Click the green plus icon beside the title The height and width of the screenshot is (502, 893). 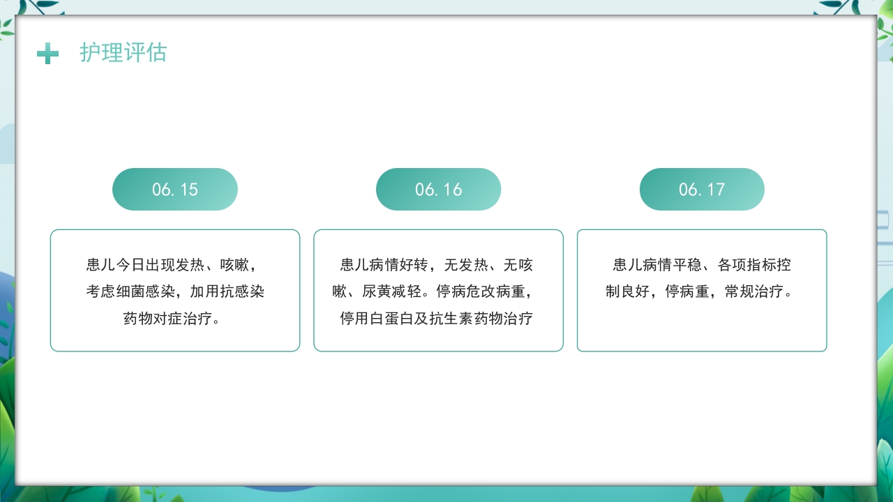point(47,53)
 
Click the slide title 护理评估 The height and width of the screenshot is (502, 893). point(123,52)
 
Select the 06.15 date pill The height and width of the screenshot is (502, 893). point(175,189)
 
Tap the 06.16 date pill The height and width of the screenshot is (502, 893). point(438,189)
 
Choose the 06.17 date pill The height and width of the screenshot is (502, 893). point(702,189)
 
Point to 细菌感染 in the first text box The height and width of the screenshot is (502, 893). point(146,291)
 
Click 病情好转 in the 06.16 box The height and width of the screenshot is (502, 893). point(400,265)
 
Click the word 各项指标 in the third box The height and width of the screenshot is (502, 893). point(746,265)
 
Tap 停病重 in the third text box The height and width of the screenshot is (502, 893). point(688,291)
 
